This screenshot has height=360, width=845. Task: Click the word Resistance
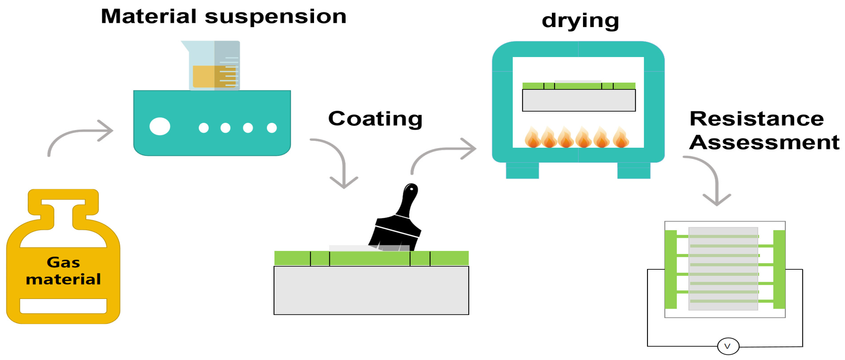(x=756, y=119)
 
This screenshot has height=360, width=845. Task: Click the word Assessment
(x=764, y=142)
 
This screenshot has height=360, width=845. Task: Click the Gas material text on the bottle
(x=63, y=271)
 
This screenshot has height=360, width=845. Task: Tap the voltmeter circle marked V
(x=728, y=346)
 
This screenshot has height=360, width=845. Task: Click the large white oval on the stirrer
(x=160, y=126)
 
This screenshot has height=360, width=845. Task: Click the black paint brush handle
(x=408, y=200)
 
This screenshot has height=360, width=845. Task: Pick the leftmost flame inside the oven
(x=532, y=138)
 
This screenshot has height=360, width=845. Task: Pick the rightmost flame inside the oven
(x=620, y=138)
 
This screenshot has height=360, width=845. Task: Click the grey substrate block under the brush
(x=371, y=290)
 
